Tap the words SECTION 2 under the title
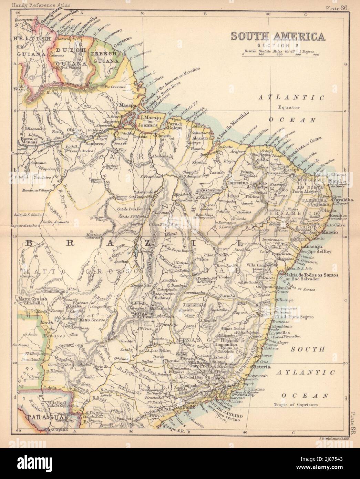click(278, 45)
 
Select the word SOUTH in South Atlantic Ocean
click(308, 349)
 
